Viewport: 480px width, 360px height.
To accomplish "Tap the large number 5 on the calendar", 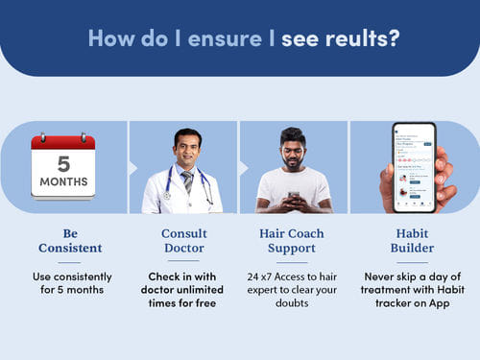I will tap(62, 162).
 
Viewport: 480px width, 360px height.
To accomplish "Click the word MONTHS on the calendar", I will tap(62, 182).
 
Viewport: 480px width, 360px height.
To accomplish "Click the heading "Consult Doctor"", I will tap(183, 240).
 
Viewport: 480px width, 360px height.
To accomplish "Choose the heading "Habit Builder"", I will tap(407, 240).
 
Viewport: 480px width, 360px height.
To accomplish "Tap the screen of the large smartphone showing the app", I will tap(413, 165).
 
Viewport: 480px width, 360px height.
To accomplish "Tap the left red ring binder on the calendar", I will tap(45, 136).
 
